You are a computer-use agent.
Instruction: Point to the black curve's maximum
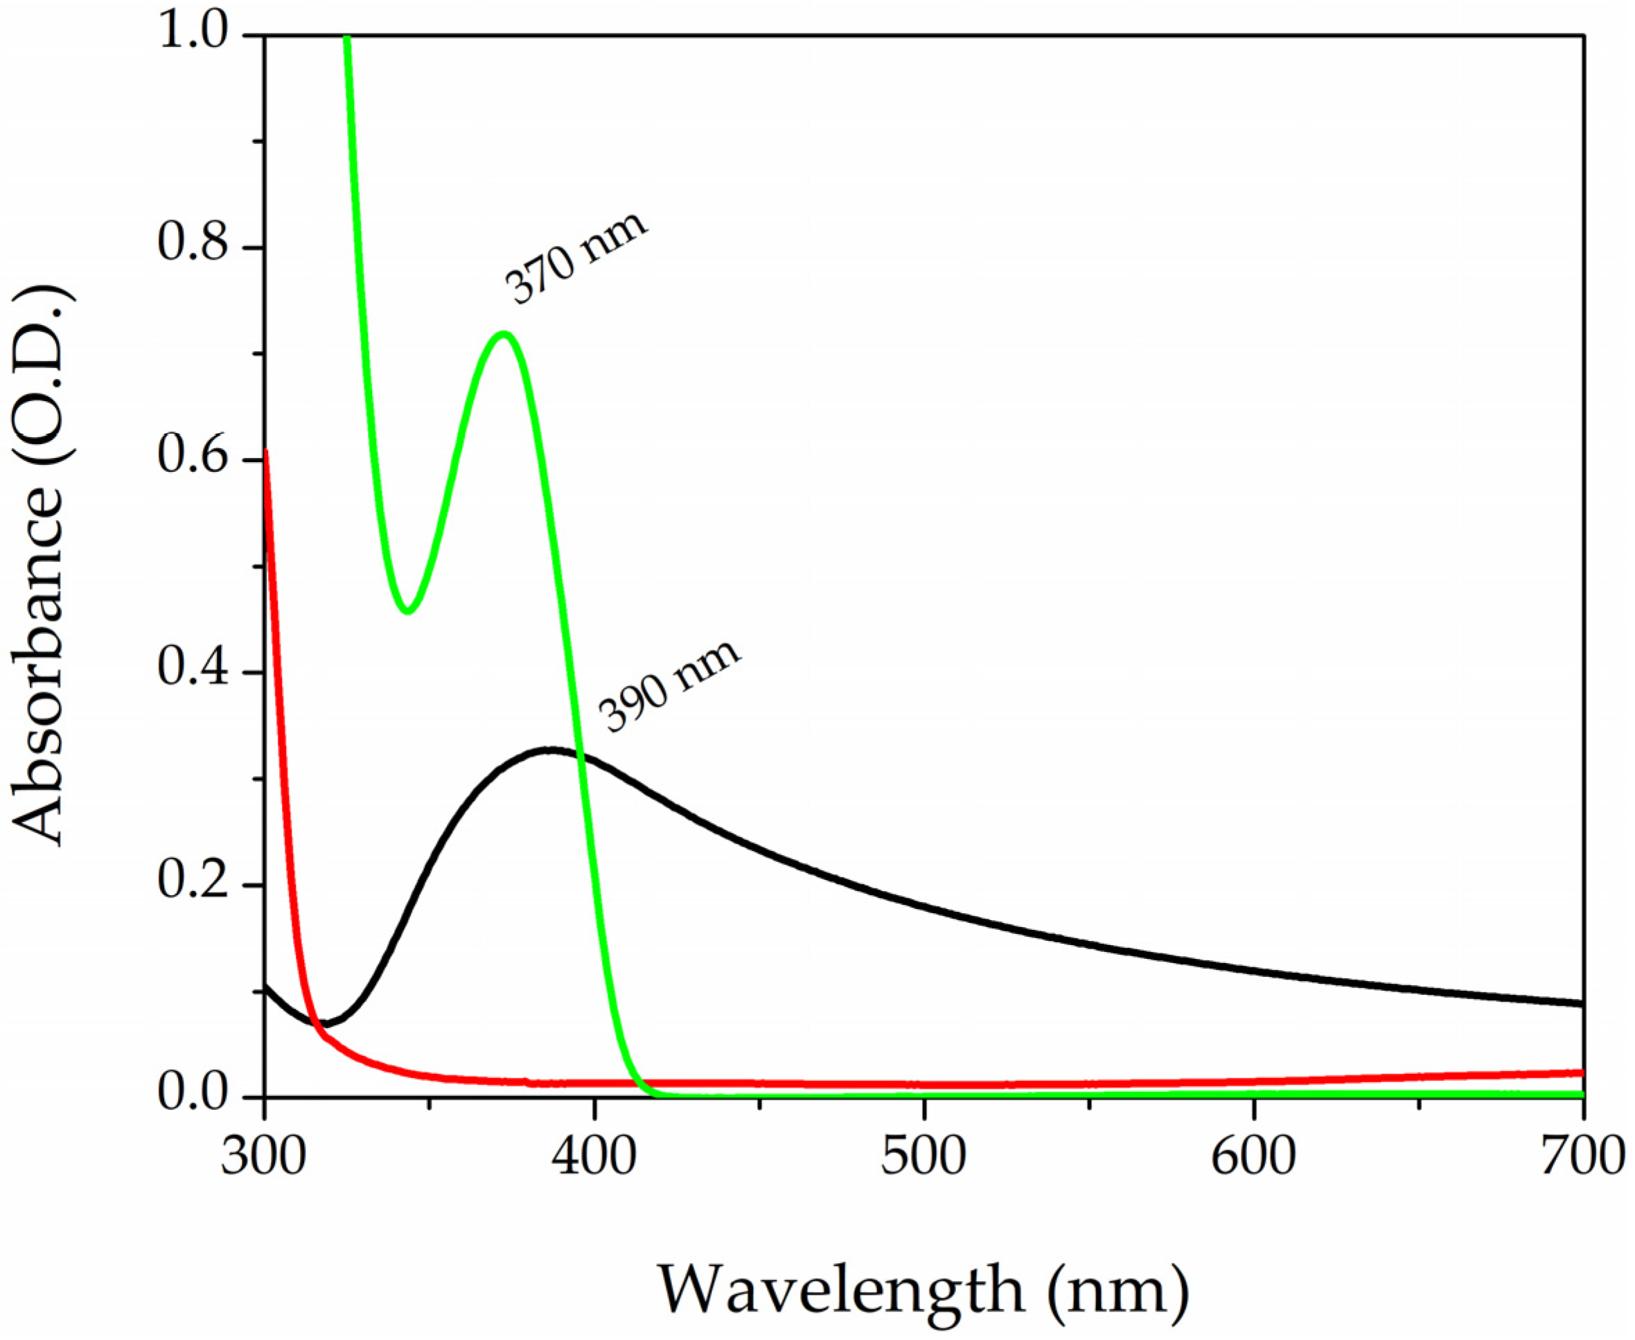tap(549, 750)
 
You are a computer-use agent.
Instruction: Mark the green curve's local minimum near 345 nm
tap(409, 610)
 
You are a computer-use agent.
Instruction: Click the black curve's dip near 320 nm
tap(326, 1023)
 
